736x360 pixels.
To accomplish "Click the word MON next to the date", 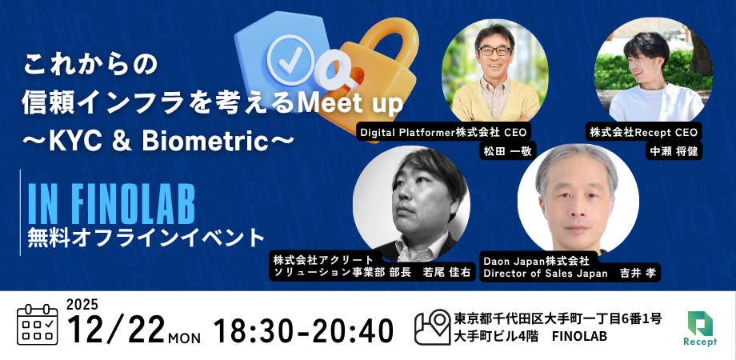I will click(x=186, y=336).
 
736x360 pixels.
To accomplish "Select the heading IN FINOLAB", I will click(x=111, y=204).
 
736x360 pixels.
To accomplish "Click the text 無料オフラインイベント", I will click(x=146, y=237).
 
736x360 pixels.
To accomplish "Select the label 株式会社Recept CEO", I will click(x=644, y=131).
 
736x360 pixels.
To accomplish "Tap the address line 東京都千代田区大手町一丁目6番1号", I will click(x=558, y=318).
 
